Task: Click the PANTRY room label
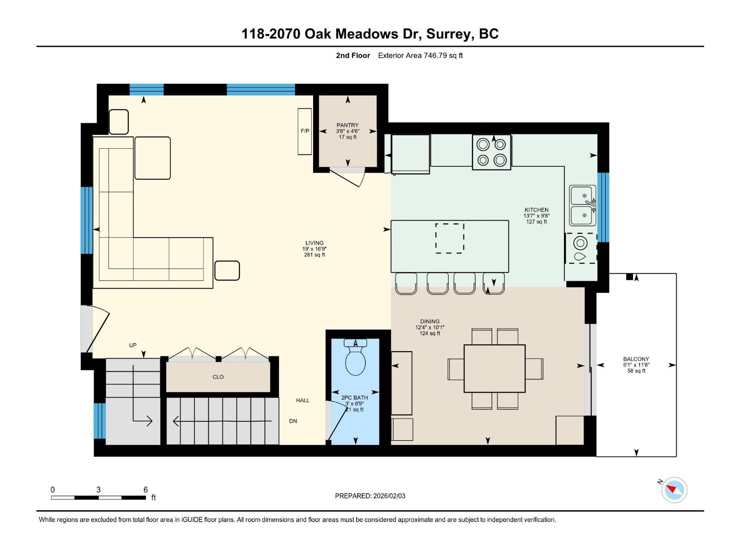pos(347,125)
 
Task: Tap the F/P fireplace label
pos(305,131)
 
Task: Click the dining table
pos(495,368)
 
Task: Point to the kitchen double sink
pos(583,205)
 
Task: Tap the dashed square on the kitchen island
pos(450,238)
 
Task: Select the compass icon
pos(674,490)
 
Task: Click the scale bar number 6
pos(145,490)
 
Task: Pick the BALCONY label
pos(636,359)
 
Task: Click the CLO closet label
pos(218,377)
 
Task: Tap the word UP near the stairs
pos(133,345)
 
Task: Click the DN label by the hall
pos(293,421)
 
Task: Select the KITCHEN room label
pos(536,210)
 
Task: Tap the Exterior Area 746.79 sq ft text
pos(420,56)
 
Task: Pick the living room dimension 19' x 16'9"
pos(314,249)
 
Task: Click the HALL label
pos(303,400)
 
